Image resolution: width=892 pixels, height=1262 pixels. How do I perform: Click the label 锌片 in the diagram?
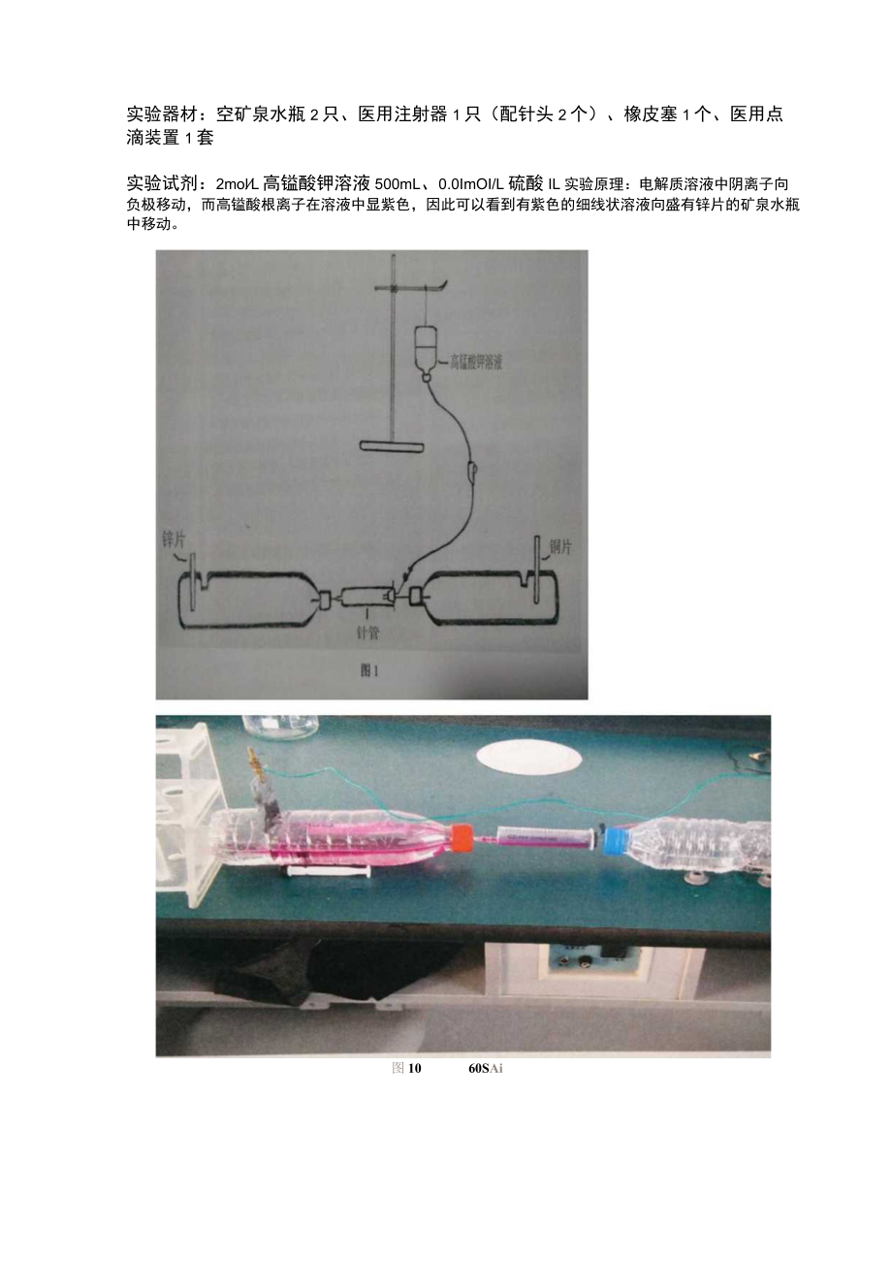pos(173,540)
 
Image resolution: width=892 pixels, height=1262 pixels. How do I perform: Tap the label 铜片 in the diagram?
pos(560,547)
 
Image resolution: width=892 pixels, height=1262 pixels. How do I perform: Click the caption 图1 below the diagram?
pos(369,671)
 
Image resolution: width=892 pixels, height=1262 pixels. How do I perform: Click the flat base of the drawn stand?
pos(392,446)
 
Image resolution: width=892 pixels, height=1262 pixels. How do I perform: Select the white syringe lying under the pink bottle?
pos(325,873)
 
